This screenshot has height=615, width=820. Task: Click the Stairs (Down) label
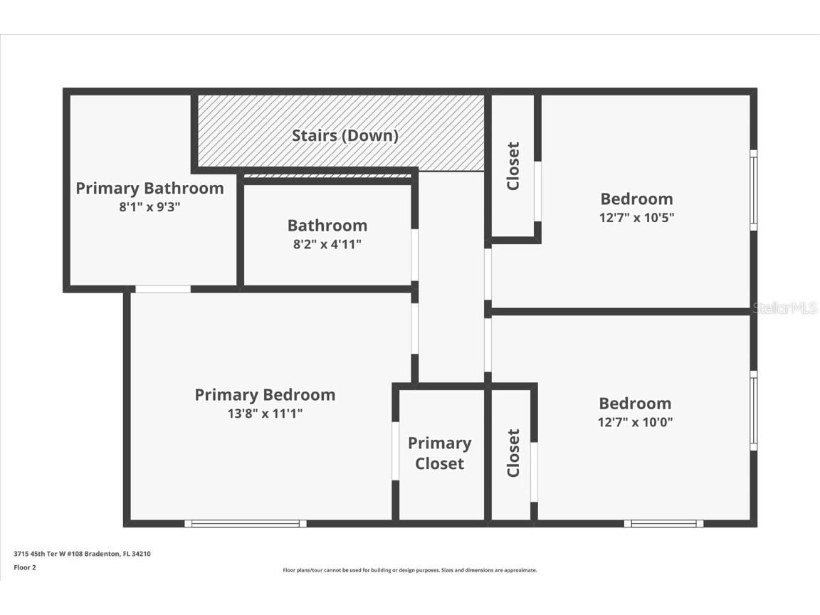coord(345,135)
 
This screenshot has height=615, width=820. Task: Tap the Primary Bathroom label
coord(149,188)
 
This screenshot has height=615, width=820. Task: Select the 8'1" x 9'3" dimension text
coord(149,207)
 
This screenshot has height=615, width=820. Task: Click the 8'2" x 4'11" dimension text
coord(327,244)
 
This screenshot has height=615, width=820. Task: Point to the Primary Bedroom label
coord(265,394)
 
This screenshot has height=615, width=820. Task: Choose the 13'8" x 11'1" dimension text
coord(265,414)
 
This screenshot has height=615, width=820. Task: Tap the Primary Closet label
coord(440,453)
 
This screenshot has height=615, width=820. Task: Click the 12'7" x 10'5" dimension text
coord(636,218)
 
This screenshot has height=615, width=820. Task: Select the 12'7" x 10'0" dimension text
coord(635,422)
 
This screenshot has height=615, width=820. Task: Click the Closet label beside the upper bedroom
coord(513,166)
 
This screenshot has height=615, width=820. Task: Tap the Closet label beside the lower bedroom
coord(513,453)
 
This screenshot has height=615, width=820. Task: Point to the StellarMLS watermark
coord(786,307)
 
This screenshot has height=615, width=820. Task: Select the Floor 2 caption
coord(24,567)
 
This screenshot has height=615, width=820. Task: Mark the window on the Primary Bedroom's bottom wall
coord(246,523)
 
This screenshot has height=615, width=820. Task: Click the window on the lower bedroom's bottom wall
coord(663,523)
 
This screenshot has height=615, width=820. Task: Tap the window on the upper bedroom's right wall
coord(753,189)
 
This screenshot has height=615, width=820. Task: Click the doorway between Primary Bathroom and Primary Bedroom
coord(163,289)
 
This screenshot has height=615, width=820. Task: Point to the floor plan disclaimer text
coord(410,570)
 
